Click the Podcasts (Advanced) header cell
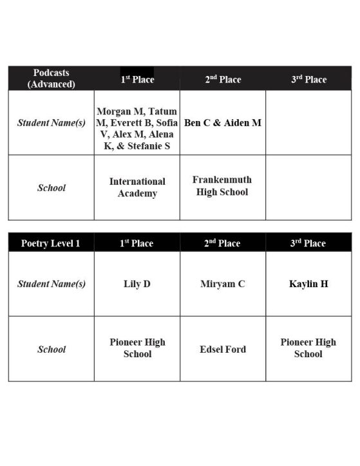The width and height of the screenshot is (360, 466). pos(52,78)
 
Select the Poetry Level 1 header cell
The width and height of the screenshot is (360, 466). pos(52,243)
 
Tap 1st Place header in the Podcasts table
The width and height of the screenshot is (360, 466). pos(137,79)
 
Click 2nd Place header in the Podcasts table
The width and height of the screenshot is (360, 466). pos(223,79)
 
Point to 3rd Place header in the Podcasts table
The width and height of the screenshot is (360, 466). pos(308,79)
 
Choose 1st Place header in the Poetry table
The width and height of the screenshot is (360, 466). pos(137,243)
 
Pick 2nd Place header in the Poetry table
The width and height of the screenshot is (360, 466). pos(223,243)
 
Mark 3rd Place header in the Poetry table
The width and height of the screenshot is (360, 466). pos(308,243)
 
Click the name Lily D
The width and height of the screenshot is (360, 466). pos(137,284)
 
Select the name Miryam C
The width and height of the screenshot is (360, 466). pos(223,284)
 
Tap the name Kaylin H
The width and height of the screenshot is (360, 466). pos(308,284)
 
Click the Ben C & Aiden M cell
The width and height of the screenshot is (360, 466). pos(223,122)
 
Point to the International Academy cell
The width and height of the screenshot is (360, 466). pos(137,187)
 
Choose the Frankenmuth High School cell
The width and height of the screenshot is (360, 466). pos(222,185)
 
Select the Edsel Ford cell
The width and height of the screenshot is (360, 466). pos(223,349)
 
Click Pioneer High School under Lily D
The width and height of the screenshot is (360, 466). pos(137,348)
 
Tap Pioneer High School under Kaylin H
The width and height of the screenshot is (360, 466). pos(308,348)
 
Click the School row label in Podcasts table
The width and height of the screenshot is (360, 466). pos(52,188)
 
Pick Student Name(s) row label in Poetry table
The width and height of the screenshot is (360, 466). pos(52,284)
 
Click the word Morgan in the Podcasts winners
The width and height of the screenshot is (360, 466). pos(115,111)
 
